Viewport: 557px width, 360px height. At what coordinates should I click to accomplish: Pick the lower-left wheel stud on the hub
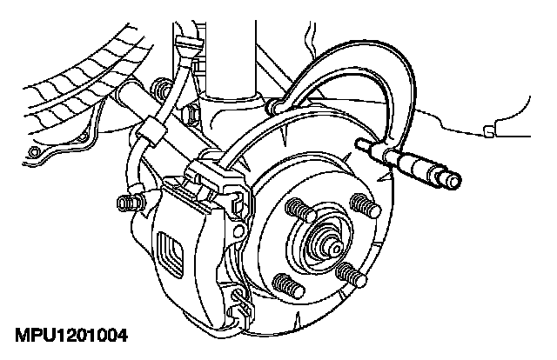284,282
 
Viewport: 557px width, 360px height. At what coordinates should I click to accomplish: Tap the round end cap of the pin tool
452,181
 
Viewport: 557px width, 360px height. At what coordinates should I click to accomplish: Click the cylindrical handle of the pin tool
423,170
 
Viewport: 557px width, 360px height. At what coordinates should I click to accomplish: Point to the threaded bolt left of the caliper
127,204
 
